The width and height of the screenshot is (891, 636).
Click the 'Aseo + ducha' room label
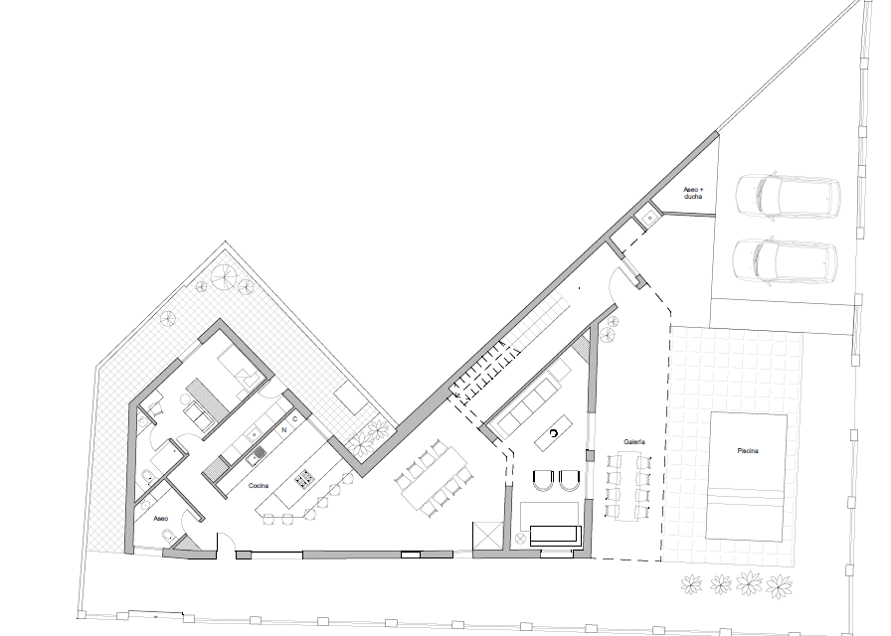tap(693, 193)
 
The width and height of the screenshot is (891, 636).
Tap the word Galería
tap(634, 442)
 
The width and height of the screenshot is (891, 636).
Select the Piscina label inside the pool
tap(748, 451)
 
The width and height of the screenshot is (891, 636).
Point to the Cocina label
tap(258, 486)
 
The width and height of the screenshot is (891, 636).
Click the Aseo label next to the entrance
tap(161, 519)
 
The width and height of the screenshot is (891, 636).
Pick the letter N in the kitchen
tap(284, 430)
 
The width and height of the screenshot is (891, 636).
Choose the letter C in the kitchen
tap(295, 419)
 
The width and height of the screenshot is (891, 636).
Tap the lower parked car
tap(785, 260)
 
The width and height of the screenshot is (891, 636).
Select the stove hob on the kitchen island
tap(305, 478)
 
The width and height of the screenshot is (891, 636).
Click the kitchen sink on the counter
tap(260, 453)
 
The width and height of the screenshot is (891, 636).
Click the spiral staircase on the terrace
tap(223, 276)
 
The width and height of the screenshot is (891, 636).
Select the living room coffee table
tap(553, 434)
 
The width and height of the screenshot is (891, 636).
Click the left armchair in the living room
tap(542, 480)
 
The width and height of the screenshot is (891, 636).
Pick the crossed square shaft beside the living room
tap(486, 536)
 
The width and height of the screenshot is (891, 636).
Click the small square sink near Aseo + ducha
tap(649, 218)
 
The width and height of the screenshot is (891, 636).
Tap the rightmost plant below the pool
tap(779, 586)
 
